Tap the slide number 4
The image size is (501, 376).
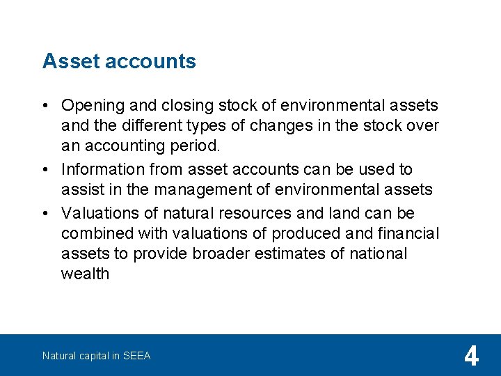(x=471, y=357)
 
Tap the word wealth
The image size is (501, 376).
(x=85, y=274)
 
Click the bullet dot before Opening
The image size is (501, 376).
(x=45, y=106)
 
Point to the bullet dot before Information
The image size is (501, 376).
(x=45, y=169)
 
